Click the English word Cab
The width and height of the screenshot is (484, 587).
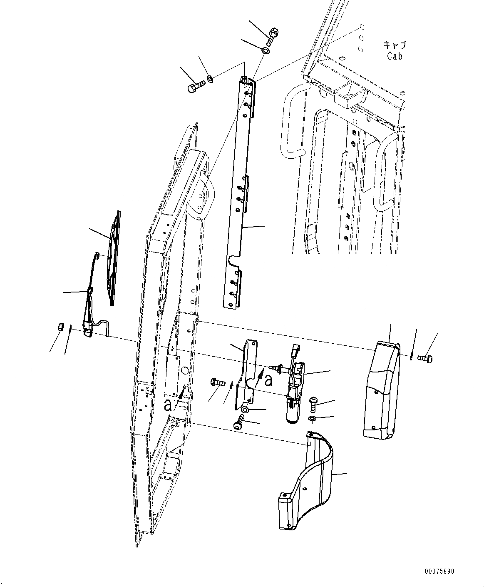point(395,56)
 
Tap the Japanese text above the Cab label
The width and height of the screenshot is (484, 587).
point(395,45)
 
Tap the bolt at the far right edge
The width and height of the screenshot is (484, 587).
point(424,357)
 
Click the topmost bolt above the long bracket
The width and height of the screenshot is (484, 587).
point(273,33)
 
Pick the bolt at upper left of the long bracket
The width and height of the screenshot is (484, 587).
point(196,87)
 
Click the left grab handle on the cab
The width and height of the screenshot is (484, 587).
point(291,125)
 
